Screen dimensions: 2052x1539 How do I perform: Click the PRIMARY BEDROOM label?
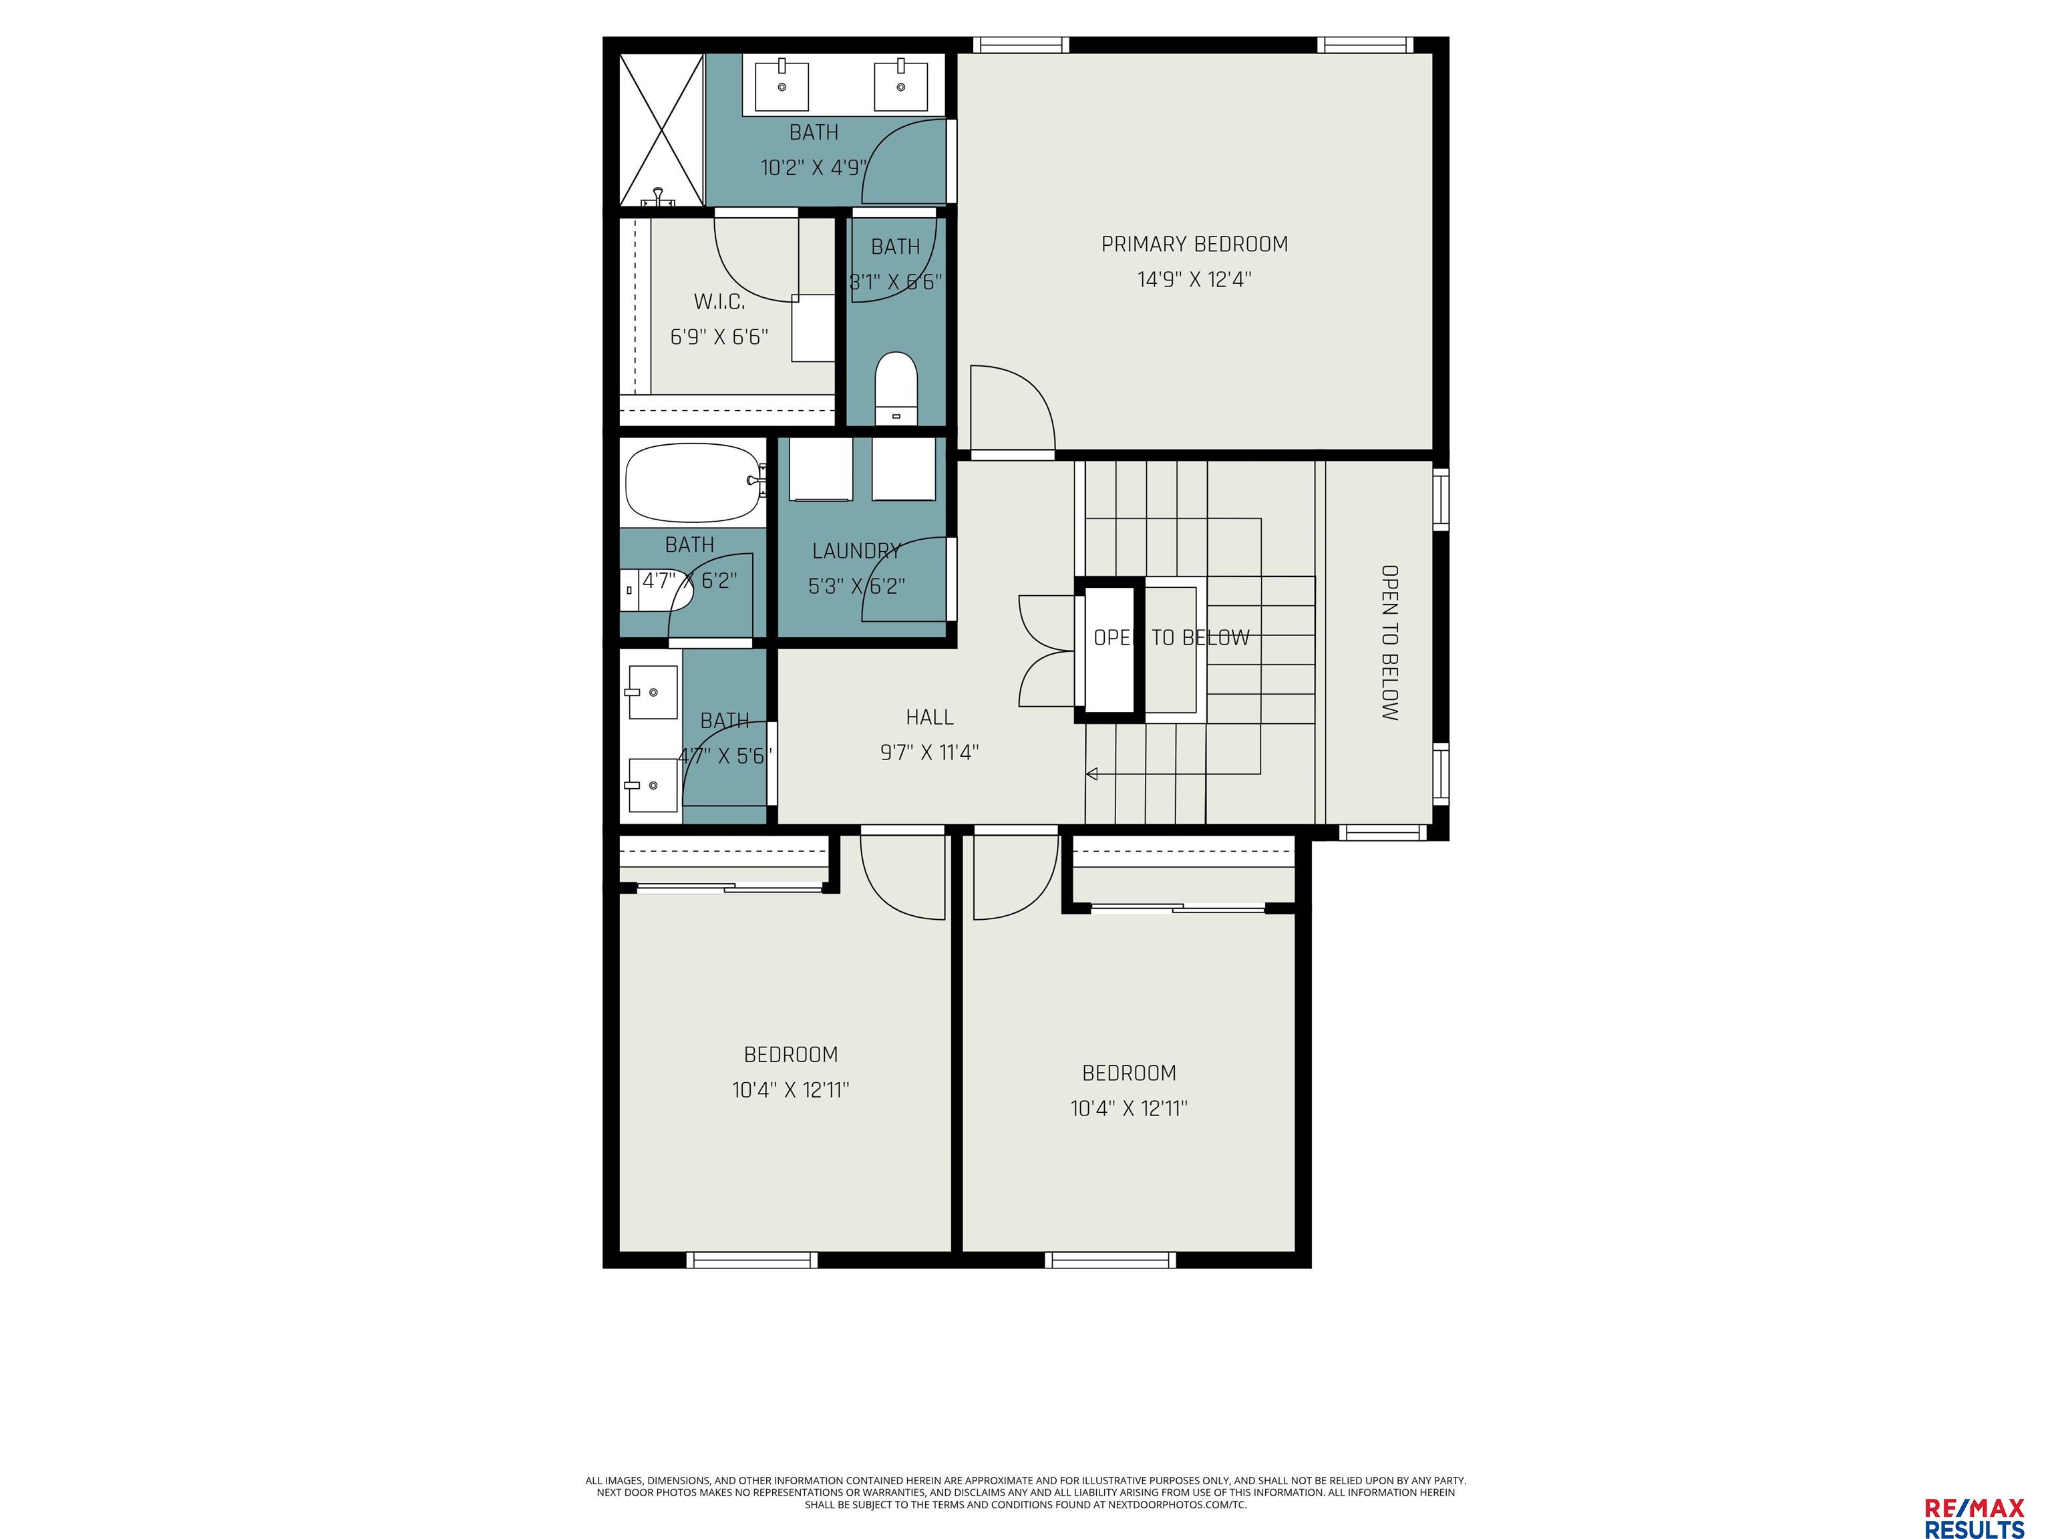[1194, 244]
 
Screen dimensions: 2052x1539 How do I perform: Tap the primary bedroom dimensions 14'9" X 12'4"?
[1194, 279]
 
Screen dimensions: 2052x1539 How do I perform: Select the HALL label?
[930, 717]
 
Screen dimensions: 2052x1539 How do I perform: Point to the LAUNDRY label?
[856, 551]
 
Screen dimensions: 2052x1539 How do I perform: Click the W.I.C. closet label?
[719, 301]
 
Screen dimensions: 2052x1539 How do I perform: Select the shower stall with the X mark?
[661, 129]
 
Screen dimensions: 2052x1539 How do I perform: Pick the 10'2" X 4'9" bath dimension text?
[814, 168]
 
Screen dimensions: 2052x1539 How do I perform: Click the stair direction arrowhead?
[1092, 774]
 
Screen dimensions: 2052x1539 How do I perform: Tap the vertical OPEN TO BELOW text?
[1389, 643]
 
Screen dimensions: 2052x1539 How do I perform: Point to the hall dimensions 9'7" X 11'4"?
[930, 752]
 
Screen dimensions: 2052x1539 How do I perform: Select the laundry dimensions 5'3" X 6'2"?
[856, 586]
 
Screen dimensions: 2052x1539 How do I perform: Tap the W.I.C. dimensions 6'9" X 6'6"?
[719, 337]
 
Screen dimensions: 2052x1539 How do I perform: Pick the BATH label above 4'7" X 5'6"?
[725, 721]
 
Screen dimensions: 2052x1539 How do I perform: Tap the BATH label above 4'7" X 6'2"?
[689, 544]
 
